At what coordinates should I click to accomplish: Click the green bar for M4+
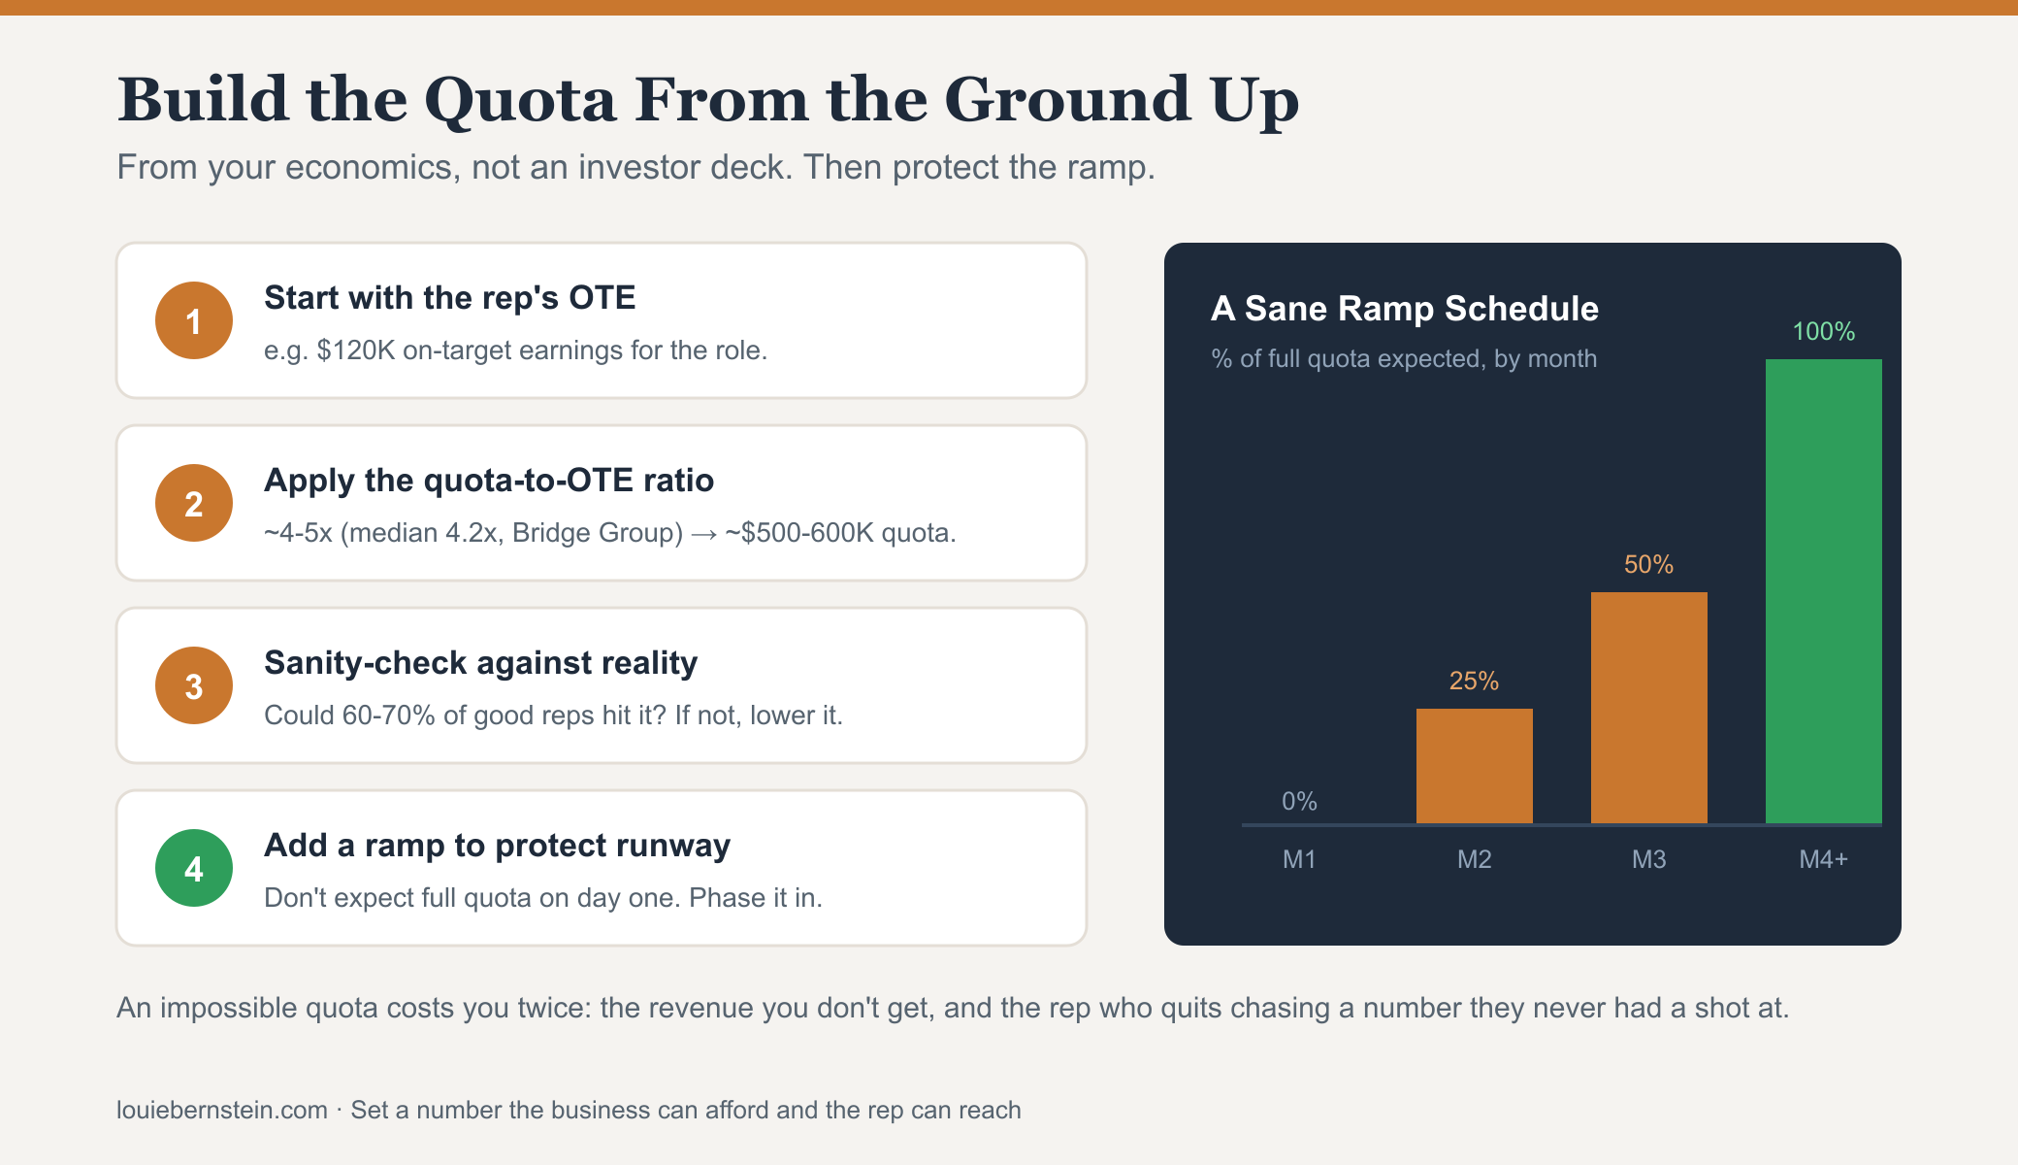[1824, 591]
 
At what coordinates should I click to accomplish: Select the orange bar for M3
[1649, 708]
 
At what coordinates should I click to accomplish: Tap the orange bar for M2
[1475, 766]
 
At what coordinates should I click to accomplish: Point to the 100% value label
[1824, 332]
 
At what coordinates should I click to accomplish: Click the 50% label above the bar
[1649, 565]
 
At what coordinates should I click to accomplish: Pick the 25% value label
[1475, 682]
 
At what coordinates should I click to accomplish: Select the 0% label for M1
[1299, 802]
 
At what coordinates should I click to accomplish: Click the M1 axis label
[1299, 859]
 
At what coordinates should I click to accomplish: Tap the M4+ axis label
[1824, 859]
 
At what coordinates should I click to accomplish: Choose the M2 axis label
[1475, 859]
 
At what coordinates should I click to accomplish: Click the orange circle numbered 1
[194, 320]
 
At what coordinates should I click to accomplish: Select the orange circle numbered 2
[194, 503]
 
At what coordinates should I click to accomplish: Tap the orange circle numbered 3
[194, 685]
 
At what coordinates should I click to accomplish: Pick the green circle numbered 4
[194, 868]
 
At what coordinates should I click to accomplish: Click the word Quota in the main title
[520, 101]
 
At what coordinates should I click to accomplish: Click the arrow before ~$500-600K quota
[703, 534]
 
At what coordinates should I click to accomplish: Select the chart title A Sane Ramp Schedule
[1405, 309]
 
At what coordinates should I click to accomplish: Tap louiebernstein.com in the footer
[222, 1111]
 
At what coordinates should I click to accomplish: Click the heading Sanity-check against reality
[481, 663]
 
